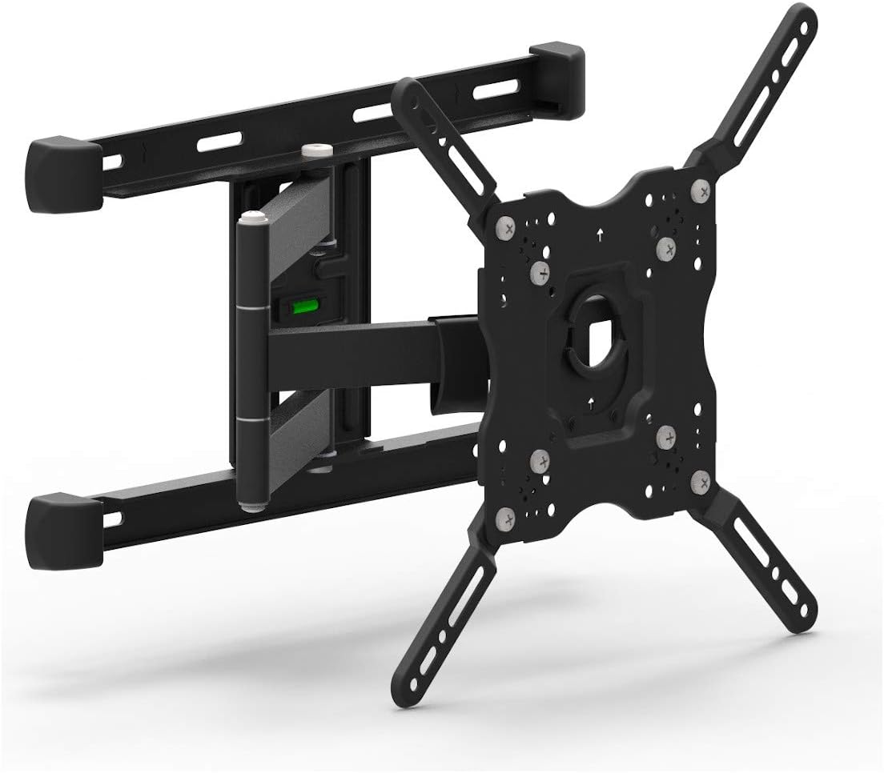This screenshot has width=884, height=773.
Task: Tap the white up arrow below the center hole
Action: point(590,400)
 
